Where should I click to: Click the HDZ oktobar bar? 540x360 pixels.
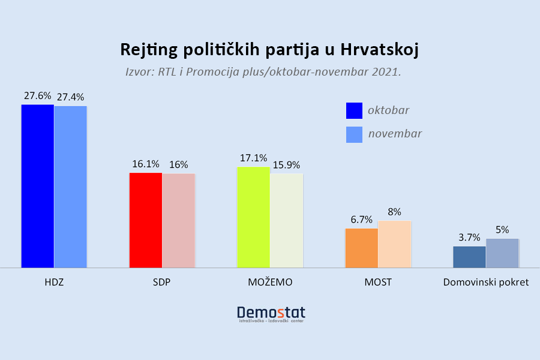pyautogui.click(x=38, y=186)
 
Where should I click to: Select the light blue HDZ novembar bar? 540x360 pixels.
pyautogui.click(x=71, y=187)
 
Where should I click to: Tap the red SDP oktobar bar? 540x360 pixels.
pyautogui.click(x=146, y=220)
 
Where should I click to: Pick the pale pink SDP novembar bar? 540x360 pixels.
pyautogui.click(x=179, y=221)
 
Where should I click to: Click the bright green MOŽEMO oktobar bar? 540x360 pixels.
pyautogui.click(x=253, y=217)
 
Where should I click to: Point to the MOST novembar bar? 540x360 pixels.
pyautogui.click(x=395, y=244)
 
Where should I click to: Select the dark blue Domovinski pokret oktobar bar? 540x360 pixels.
pyautogui.click(x=469, y=257)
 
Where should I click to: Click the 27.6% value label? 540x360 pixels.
pyautogui.click(x=38, y=96)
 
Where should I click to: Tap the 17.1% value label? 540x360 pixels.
pyautogui.click(x=253, y=158)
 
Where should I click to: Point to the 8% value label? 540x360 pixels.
pyautogui.click(x=395, y=212)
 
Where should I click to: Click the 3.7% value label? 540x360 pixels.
pyautogui.click(x=469, y=238)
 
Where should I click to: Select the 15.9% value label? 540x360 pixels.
pyautogui.click(x=286, y=165)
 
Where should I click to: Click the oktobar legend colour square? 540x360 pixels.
pyautogui.click(x=355, y=110)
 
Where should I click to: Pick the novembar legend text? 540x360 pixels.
pyautogui.click(x=395, y=134)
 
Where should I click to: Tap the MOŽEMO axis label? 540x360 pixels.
pyautogui.click(x=270, y=282)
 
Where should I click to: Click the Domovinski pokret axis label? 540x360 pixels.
pyautogui.click(x=485, y=282)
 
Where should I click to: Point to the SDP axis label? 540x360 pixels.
pyautogui.click(x=162, y=282)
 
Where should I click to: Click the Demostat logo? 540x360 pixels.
pyautogui.click(x=271, y=314)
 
